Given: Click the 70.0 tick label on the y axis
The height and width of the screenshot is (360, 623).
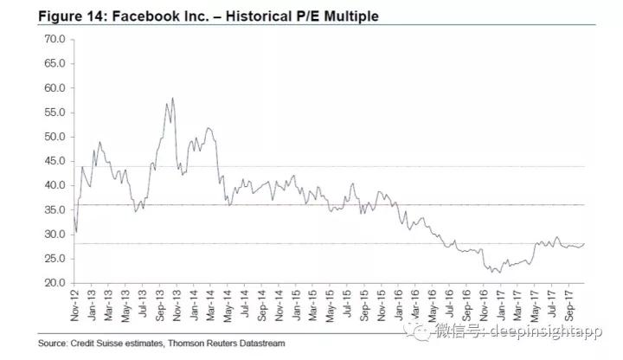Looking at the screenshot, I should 55,39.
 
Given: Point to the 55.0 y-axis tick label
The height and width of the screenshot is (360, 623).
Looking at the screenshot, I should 55,112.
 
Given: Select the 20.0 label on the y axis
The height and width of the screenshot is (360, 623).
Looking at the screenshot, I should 55,283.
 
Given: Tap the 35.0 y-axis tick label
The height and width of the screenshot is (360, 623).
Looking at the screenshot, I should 55,209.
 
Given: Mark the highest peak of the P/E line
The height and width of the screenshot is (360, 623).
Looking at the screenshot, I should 173,99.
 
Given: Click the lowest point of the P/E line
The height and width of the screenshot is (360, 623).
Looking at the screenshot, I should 498,273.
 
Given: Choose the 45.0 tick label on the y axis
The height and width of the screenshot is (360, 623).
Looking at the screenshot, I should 55,161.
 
